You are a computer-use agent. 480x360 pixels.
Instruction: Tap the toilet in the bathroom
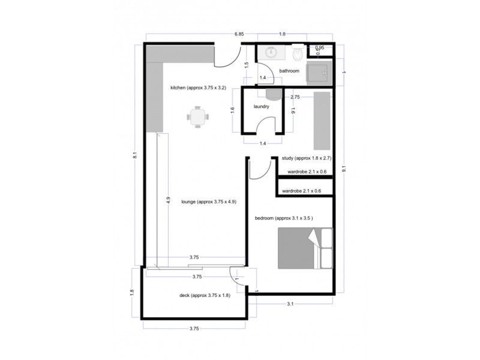pos(297,55)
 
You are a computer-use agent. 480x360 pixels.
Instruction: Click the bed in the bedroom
pos(305,248)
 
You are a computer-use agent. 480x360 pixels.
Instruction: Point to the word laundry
pos(261,107)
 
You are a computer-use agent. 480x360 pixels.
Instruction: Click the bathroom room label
pos(289,71)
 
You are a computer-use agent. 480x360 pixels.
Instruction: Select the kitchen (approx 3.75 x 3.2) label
pos(198,88)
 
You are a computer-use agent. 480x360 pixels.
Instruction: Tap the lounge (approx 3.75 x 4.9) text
pos(209,202)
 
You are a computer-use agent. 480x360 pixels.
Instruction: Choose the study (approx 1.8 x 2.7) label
pos(307,158)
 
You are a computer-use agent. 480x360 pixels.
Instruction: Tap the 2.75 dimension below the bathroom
pos(295,97)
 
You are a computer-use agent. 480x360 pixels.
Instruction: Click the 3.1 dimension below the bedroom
pos(289,304)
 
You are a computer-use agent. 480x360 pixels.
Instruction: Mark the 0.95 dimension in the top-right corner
pos(320,47)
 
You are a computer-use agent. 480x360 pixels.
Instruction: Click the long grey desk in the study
pos(322,121)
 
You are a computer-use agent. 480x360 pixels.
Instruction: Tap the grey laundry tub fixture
pos(273,94)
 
